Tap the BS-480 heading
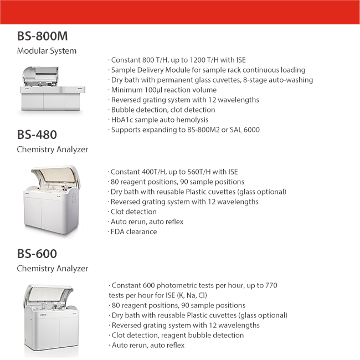tap(37, 135)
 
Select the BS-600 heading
tap(37, 254)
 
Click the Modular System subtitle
tap(47, 51)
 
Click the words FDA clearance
tap(133, 232)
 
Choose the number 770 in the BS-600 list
tap(270, 285)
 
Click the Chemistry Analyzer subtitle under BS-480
tap(53, 149)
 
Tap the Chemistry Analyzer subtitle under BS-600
tap(53, 269)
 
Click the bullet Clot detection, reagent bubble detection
tap(177, 335)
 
